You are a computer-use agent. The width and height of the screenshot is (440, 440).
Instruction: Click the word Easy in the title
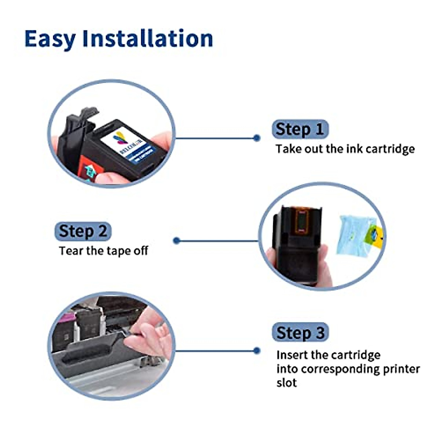pyautogui.click(x=50, y=39)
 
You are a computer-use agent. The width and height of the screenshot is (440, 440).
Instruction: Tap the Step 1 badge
pyautogui.click(x=300, y=129)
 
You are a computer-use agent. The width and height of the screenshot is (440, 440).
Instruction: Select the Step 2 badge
pyautogui.click(x=83, y=231)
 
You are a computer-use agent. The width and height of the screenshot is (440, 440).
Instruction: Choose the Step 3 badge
pyautogui.click(x=300, y=333)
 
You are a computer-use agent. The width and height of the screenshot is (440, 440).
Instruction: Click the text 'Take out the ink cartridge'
pyautogui.click(x=345, y=149)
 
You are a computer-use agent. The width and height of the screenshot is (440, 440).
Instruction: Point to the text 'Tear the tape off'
pyautogui.click(x=103, y=251)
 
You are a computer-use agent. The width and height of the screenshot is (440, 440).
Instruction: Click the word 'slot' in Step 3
pyautogui.click(x=286, y=383)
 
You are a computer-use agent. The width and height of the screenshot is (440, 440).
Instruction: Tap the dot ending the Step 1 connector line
pyautogui.click(x=257, y=138)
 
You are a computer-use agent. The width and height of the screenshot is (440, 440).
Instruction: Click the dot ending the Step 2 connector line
pyautogui.click(x=177, y=241)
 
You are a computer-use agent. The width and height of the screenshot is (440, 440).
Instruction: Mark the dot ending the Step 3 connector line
pyautogui.click(x=257, y=351)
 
